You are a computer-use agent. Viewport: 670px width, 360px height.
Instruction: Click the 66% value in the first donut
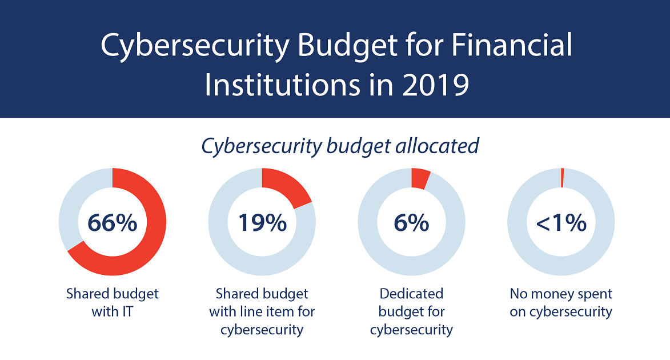(x=112, y=222)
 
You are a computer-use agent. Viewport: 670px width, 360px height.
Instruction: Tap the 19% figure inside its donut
(x=262, y=222)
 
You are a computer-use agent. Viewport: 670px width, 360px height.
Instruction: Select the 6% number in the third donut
(x=411, y=222)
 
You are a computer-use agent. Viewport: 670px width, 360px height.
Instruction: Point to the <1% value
(x=561, y=222)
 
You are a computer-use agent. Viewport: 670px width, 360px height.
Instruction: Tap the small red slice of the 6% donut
(x=420, y=178)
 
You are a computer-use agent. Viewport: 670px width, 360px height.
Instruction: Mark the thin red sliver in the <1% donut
(x=562, y=178)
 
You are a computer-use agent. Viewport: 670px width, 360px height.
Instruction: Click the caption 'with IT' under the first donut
(x=113, y=312)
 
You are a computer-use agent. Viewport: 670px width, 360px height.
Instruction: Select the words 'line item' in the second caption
(x=274, y=312)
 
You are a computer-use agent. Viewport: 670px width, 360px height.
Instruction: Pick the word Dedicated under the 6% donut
(x=411, y=294)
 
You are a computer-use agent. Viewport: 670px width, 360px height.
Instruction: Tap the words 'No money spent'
(x=561, y=294)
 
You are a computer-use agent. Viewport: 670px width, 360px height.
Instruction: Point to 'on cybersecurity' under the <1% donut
(x=561, y=312)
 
